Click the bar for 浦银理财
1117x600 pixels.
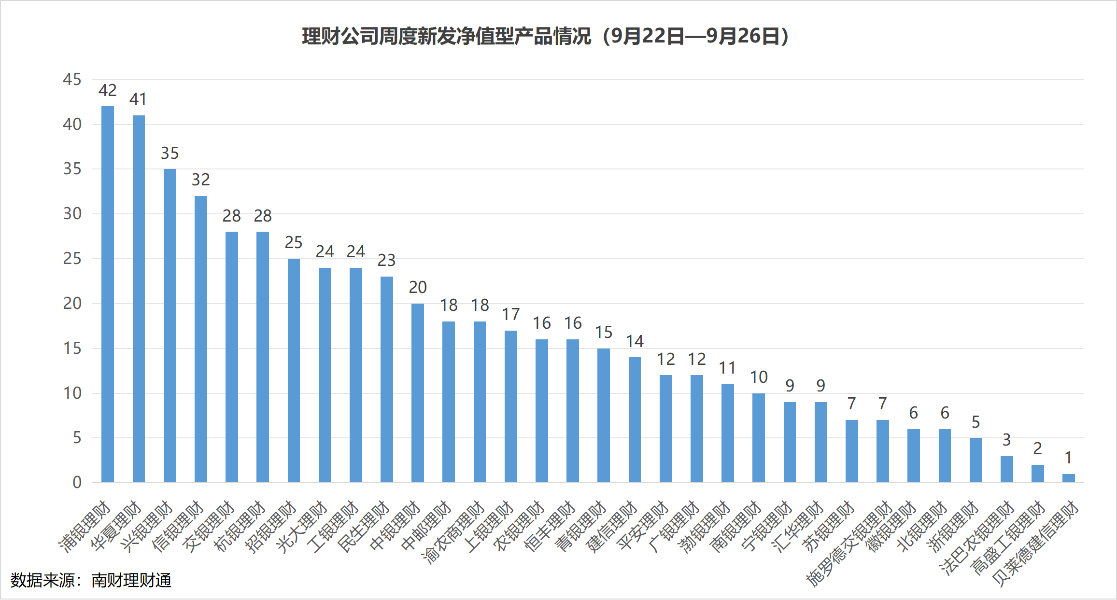coord(107,294)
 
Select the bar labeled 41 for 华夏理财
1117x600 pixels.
coord(139,299)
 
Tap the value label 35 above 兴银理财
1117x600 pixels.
coord(170,153)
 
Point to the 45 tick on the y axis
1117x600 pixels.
coord(72,79)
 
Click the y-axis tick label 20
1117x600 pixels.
coord(72,303)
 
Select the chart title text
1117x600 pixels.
coord(545,36)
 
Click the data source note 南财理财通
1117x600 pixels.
coord(91,580)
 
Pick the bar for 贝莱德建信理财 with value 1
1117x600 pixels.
coord(1068,478)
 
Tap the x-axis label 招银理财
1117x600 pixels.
coord(271,526)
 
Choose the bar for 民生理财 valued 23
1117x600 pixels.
coord(386,379)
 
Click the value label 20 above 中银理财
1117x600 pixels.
coord(418,287)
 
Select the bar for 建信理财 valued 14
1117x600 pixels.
coord(635,420)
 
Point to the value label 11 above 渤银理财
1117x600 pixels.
coord(727,368)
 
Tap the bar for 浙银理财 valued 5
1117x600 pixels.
coord(976,460)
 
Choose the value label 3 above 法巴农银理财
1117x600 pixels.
coord(1006,440)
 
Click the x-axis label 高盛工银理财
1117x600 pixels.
coord(1007,538)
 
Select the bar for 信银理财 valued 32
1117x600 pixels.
coord(200,339)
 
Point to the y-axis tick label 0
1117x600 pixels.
coord(77,482)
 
